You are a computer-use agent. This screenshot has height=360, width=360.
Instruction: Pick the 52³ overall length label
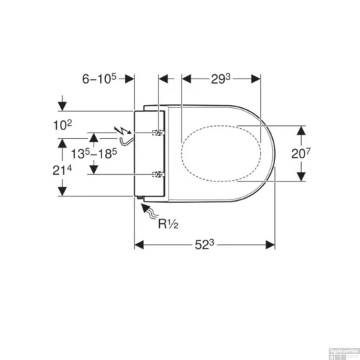tap(204, 245)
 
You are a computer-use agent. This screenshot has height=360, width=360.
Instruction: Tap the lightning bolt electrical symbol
tap(122, 132)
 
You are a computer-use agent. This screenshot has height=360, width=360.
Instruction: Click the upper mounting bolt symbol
tap(156, 134)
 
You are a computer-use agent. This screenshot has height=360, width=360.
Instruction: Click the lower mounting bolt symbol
tap(156, 175)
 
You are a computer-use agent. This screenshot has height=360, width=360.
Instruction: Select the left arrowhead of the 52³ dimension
tap(140, 245)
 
